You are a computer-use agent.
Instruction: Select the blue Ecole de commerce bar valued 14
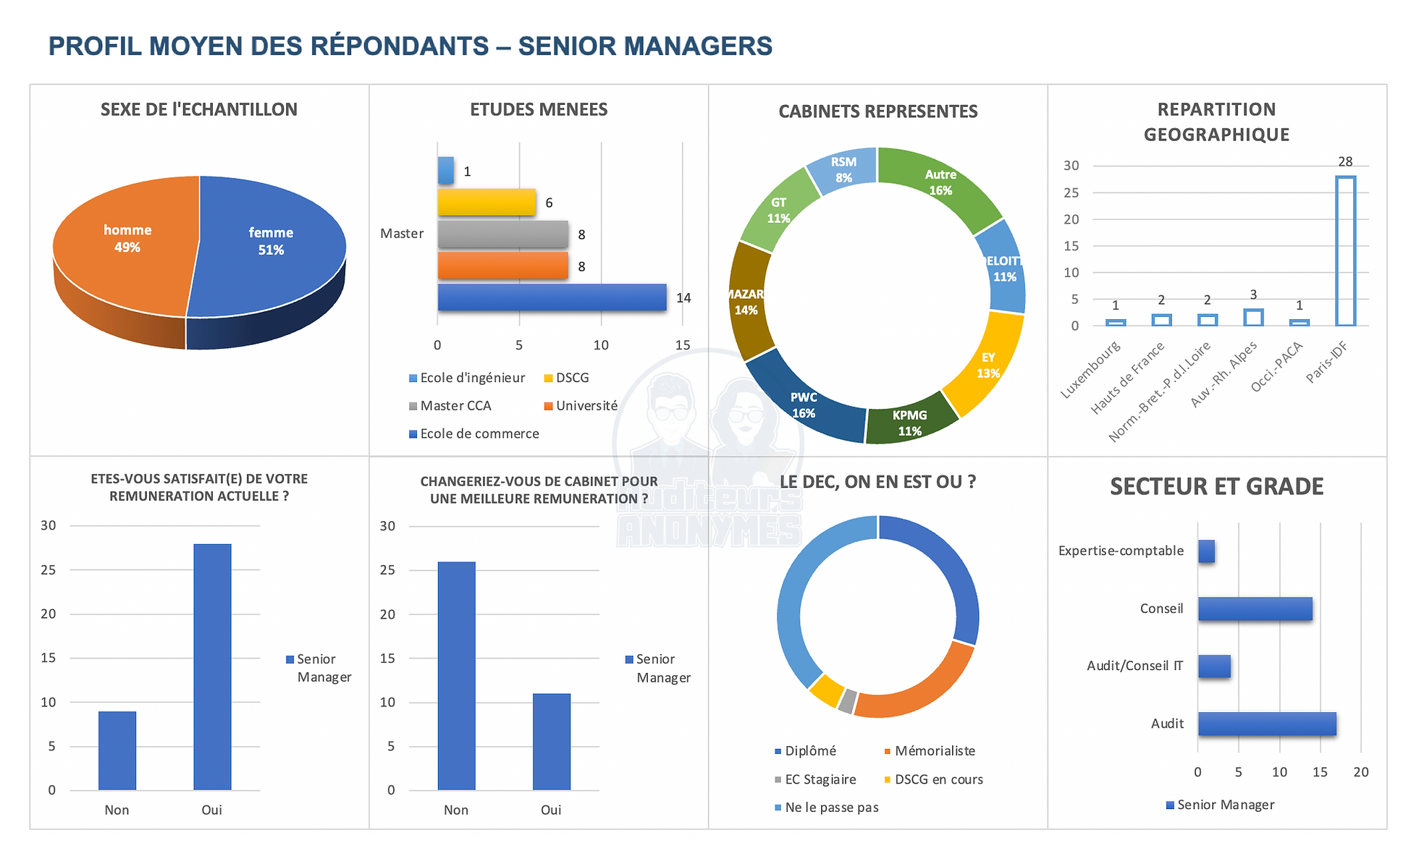click(552, 297)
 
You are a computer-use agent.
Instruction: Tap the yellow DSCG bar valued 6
click(487, 203)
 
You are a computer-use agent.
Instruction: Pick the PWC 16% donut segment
click(804, 405)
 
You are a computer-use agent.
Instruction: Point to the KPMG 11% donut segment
click(909, 422)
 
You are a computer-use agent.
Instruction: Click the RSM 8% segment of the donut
click(843, 169)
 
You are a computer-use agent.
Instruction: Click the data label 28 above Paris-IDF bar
click(1345, 161)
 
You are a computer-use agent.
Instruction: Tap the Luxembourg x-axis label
click(1090, 369)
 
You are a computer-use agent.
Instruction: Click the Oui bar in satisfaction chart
click(212, 666)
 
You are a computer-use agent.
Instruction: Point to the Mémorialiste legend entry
click(934, 751)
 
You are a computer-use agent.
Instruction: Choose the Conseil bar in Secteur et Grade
click(1255, 609)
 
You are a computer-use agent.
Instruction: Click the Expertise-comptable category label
click(1121, 551)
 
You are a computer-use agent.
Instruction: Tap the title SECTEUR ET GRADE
click(1216, 486)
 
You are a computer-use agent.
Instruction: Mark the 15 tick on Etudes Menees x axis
click(682, 345)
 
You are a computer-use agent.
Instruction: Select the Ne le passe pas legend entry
click(830, 808)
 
